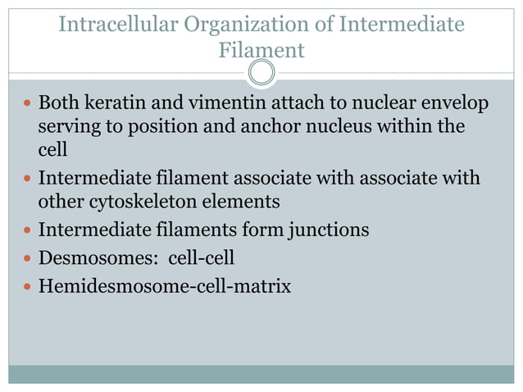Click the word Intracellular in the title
click(x=120, y=25)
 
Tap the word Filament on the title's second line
click(x=261, y=50)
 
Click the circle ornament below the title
click(x=261, y=73)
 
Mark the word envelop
click(x=460, y=106)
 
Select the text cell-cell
click(x=202, y=258)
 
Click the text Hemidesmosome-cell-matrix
click(x=164, y=287)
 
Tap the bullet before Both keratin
click(x=26, y=105)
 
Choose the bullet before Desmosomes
click(x=26, y=258)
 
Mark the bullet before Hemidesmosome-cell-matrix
click(x=26, y=288)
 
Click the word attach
click(x=313, y=104)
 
